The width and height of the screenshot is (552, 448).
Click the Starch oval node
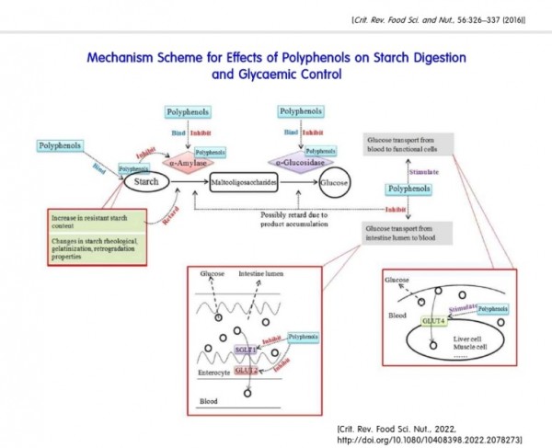(x=148, y=182)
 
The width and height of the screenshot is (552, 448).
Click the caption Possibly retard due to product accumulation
(x=305, y=222)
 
